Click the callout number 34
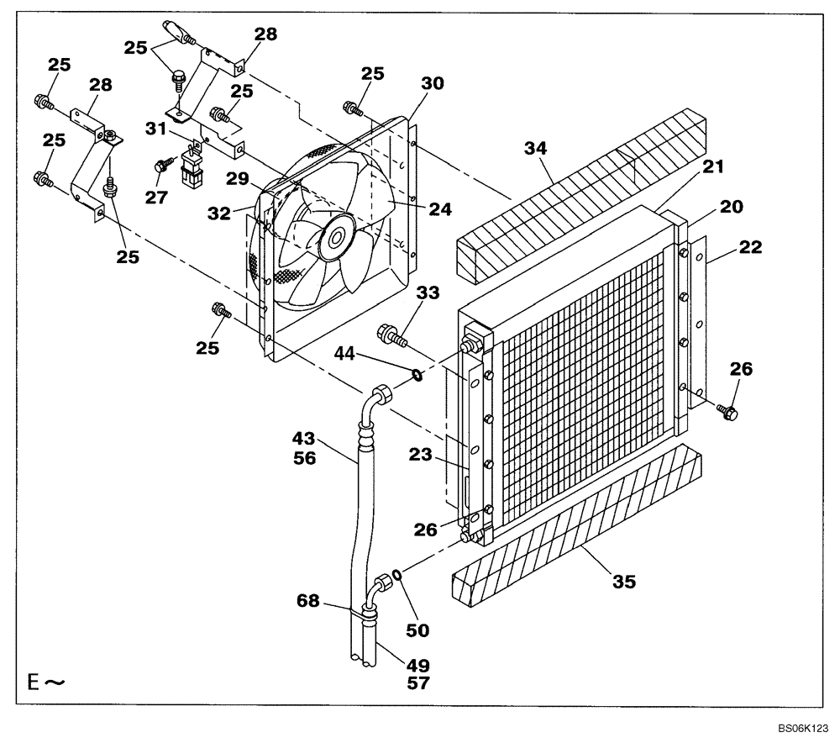click(x=536, y=149)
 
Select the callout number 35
click(x=623, y=581)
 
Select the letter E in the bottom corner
click(x=33, y=682)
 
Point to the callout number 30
click(x=433, y=84)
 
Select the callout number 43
click(x=304, y=438)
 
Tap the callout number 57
click(x=417, y=682)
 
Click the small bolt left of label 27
click(x=160, y=166)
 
